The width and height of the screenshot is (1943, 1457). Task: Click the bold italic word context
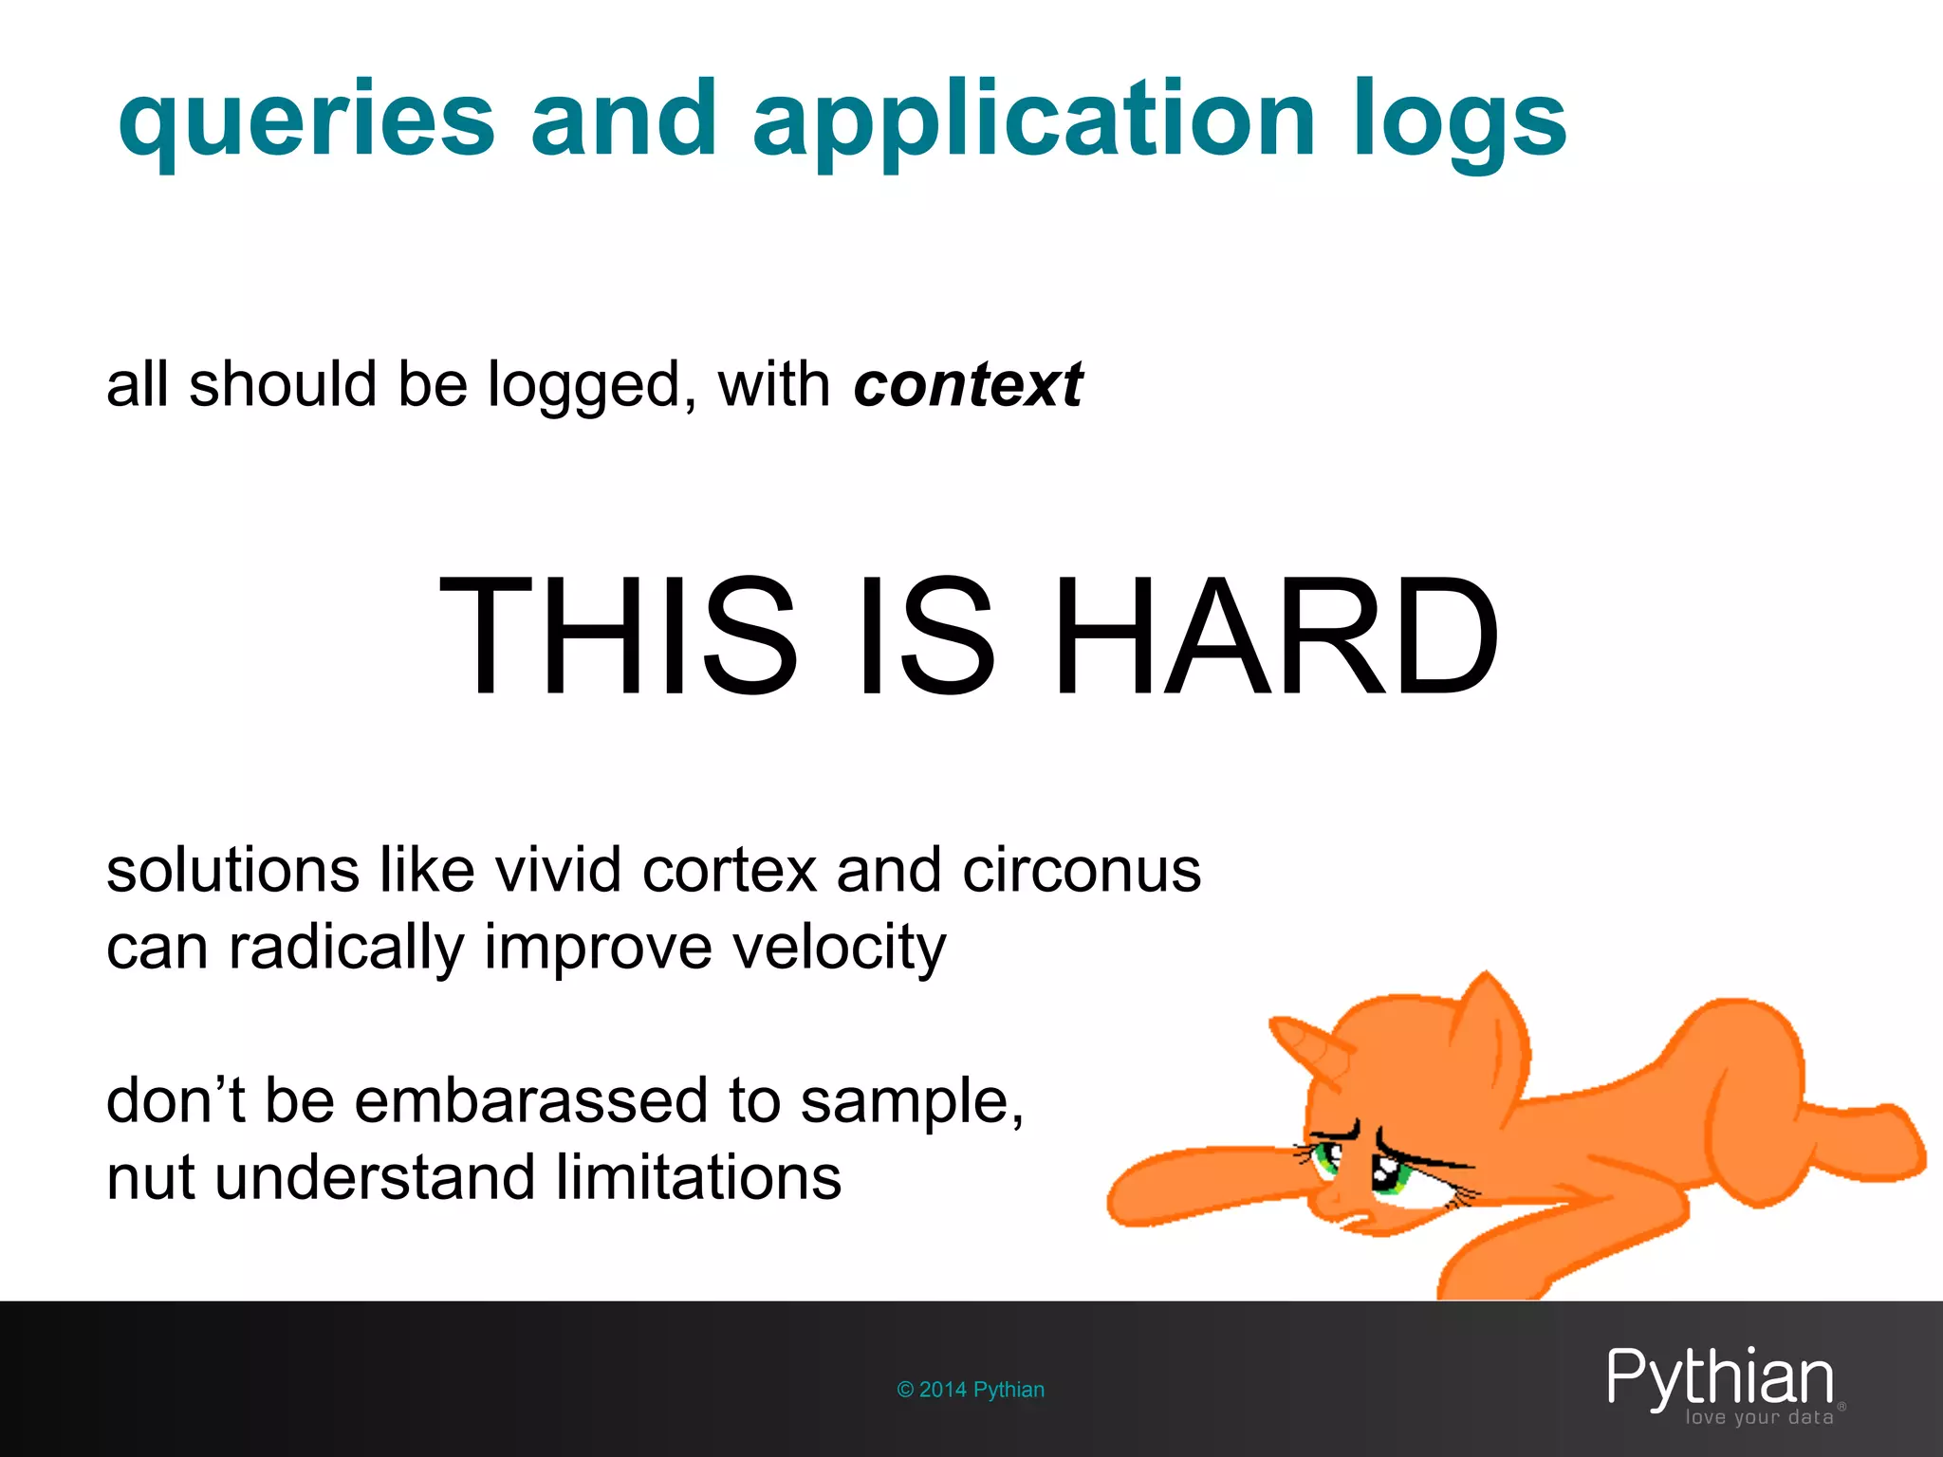tap(968, 385)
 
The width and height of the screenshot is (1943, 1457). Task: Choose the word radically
tap(346, 948)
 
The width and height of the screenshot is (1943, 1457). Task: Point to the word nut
tap(152, 1178)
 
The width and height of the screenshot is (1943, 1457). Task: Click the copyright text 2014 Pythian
tap(971, 1390)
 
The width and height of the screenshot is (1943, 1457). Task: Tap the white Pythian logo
tap(1719, 1377)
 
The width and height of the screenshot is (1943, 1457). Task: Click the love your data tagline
tap(1759, 1418)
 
